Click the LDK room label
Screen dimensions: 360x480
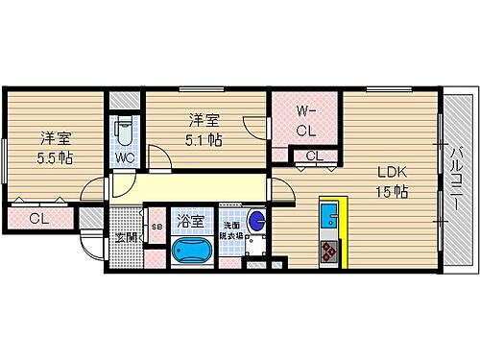[392, 172]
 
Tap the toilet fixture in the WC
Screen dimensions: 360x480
[124, 131]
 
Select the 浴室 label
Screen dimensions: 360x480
[190, 222]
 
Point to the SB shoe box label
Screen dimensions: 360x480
[156, 228]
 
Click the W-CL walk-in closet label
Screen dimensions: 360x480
[306, 119]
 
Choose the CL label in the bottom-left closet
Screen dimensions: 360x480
[37, 219]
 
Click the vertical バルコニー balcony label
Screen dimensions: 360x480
[458, 179]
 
